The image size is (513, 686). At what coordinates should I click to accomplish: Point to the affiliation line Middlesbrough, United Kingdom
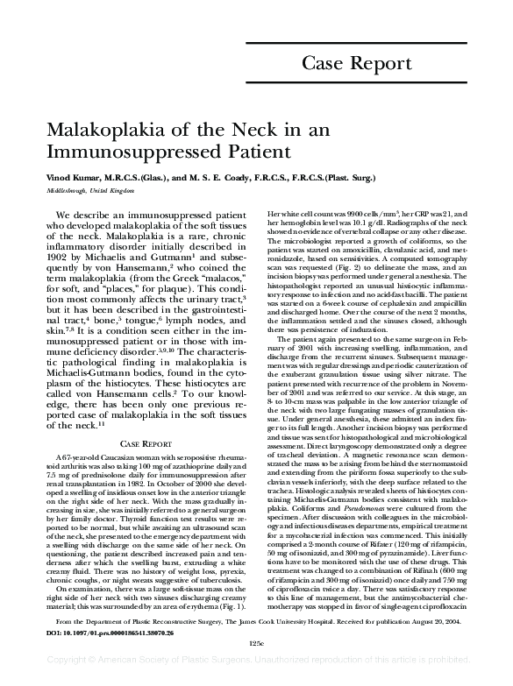85,189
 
